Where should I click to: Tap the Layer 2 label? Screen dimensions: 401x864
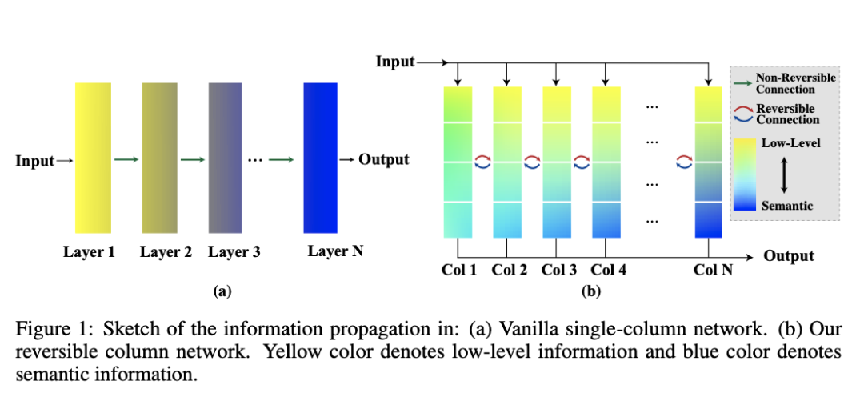166,252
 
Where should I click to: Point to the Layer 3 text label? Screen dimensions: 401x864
234,252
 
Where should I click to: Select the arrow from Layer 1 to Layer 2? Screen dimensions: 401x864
126,160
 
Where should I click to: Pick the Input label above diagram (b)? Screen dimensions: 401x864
395,62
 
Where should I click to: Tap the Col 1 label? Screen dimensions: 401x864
459,270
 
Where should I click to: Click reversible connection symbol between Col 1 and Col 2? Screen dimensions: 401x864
482,162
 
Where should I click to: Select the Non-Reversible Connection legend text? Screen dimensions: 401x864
795,83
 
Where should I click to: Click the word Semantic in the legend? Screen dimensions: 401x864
787,206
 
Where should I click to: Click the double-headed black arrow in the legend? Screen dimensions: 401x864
784,174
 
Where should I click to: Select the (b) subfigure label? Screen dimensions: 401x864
590,292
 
